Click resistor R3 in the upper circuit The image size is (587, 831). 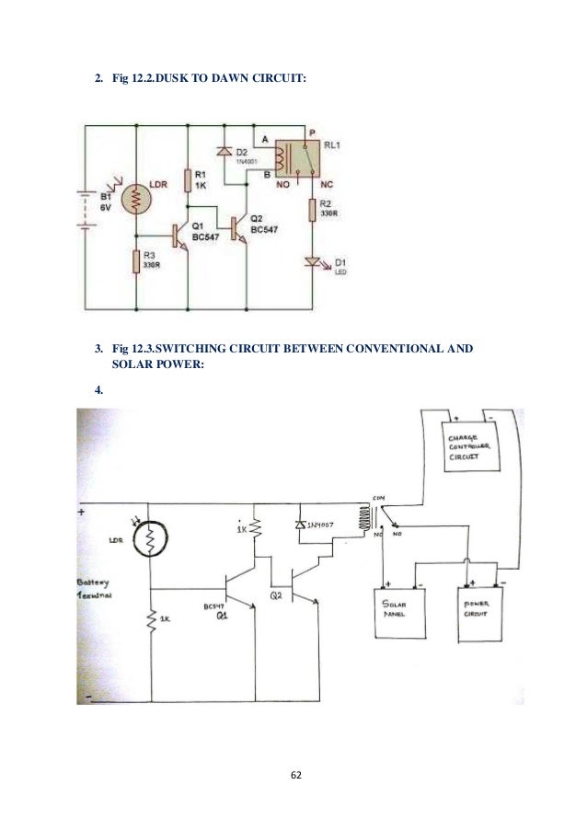coord(135,261)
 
